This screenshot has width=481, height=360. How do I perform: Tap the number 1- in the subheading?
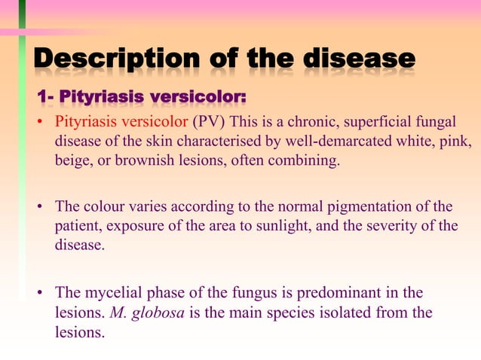(46, 98)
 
